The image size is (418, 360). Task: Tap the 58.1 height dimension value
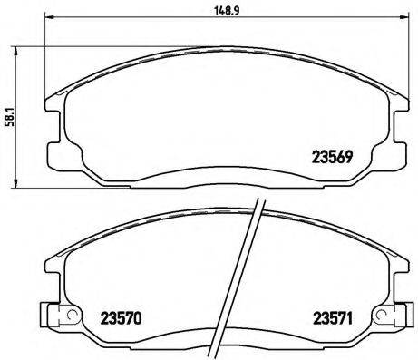click(8, 121)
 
